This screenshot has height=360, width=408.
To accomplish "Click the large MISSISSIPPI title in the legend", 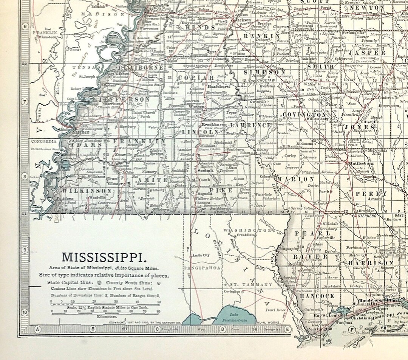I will point(104,257).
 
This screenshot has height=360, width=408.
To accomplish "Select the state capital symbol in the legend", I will point(99,282).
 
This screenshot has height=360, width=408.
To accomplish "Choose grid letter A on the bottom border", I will point(37,329).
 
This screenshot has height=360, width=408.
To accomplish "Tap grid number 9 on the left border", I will point(25,250).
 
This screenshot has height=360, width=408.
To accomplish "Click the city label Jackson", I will point(243,20).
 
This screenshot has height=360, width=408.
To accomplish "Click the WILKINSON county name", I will point(87,191).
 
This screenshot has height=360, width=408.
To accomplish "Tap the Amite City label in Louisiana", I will point(201,255).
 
